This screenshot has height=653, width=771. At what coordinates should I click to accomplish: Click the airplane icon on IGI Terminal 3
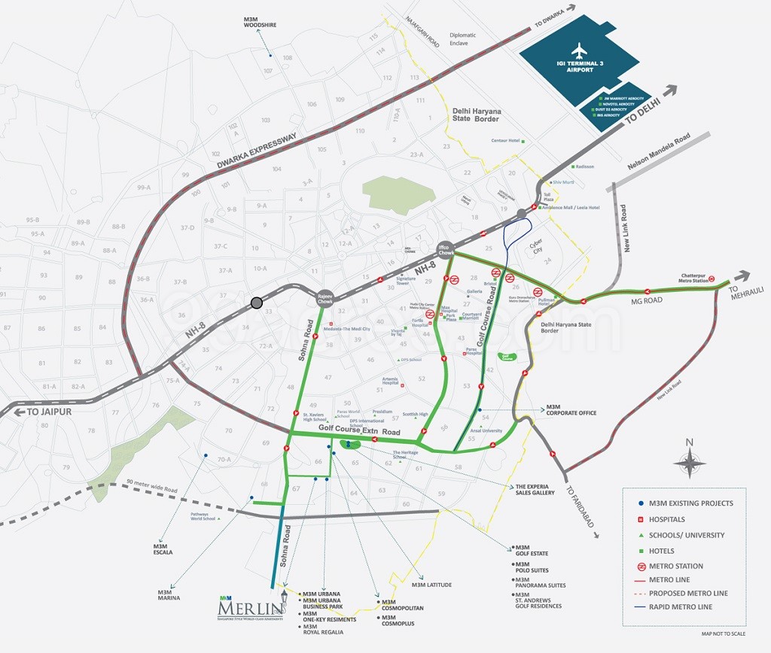click(x=578, y=51)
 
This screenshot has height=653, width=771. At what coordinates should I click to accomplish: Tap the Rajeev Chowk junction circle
click(x=325, y=298)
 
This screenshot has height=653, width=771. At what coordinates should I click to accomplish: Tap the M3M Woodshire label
click(x=260, y=21)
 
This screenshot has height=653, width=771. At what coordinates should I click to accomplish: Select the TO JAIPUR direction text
click(x=53, y=412)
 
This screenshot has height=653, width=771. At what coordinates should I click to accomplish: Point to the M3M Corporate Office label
click(x=571, y=409)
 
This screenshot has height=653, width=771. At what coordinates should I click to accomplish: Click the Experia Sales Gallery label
click(x=535, y=490)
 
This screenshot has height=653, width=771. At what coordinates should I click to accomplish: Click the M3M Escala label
click(x=163, y=548)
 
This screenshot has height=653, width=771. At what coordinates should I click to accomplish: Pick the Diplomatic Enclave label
click(x=463, y=39)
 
